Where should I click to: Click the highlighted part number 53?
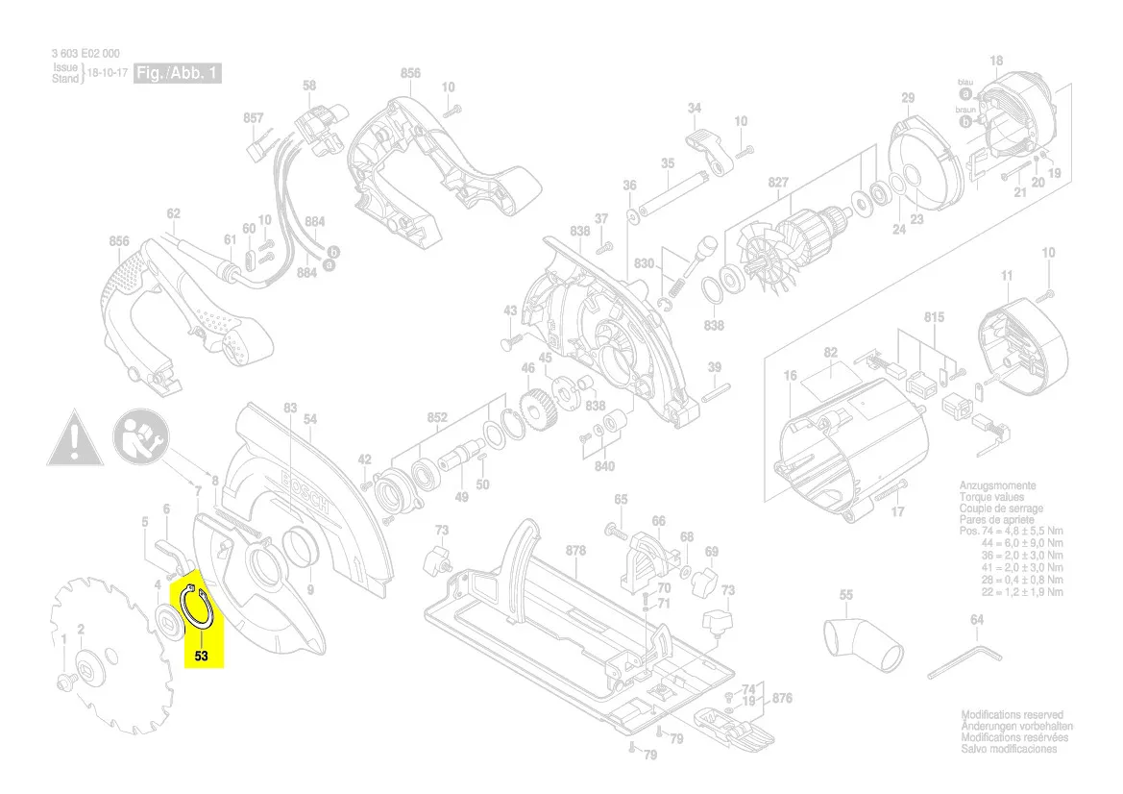tap(201, 657)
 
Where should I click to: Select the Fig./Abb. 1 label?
tap(178, 73)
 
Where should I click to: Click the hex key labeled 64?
tap(968, 661)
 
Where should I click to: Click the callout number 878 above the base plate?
tap(575, 551)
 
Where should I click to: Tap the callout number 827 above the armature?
tap(778, 182)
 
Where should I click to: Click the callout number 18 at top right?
tap(996, 62)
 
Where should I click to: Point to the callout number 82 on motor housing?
tap(831, 353)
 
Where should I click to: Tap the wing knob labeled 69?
tap(708, 580)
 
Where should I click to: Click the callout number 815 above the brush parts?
tap(934, 316)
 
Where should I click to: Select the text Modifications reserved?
tap(1013, 715)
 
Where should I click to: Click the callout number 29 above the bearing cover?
tap(908, 98)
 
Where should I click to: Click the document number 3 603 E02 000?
tap(86, 55)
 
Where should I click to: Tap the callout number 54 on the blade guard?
tap(309, 419)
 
